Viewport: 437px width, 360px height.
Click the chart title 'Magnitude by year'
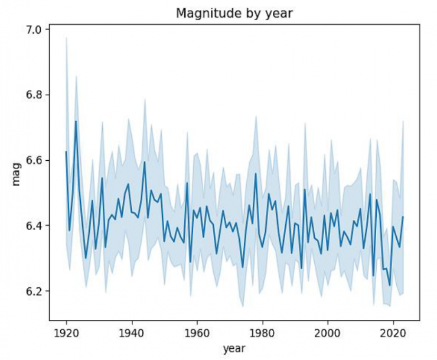(x=234, y=14)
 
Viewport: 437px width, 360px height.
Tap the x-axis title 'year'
(x=234, y=349)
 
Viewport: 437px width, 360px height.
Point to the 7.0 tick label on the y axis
(x=34, y=30)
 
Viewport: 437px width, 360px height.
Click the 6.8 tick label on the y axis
(x=34, y=95)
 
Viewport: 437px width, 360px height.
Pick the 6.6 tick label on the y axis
(x=34, y=160)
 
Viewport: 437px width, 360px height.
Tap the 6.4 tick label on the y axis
(x=34, y=226)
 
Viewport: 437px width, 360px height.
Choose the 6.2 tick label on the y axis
(x=34, y=291)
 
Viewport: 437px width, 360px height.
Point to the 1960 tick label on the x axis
(x=197, y=332)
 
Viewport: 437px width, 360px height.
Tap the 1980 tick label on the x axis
(x=262, y=332)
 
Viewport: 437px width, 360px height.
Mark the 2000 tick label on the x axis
(x=328, y=332)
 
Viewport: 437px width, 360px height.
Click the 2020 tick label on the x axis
(x=393, y=332)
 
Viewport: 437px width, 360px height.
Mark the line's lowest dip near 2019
(x=390, y=286)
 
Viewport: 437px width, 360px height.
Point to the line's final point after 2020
(x=403, y=217)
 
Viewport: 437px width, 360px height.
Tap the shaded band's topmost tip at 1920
(x=66, y=37)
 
